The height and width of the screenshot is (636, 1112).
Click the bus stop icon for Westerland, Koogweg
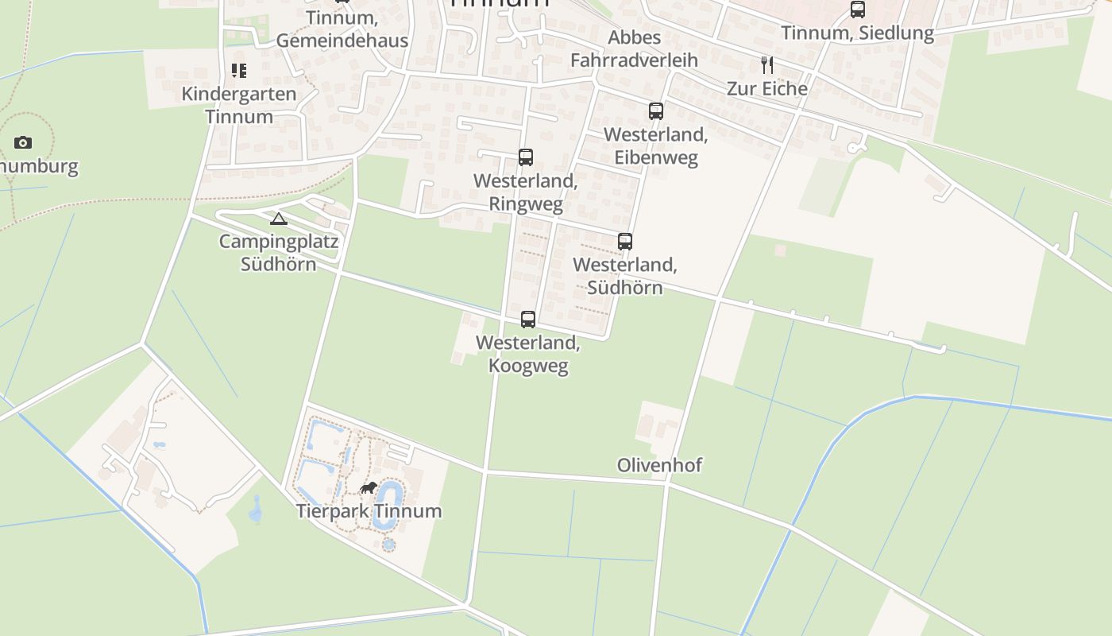coord(528,320)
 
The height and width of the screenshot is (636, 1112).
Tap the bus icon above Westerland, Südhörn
coord(625,242)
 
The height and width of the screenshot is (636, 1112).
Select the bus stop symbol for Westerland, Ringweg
coord(526,157)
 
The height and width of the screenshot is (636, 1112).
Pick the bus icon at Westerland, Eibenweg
coord(656,111)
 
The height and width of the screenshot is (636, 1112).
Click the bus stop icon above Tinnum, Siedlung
coord(858,10)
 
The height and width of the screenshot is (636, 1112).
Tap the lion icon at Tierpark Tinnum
coord(368,487)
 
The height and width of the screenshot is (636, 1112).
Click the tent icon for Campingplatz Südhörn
coord(278,219)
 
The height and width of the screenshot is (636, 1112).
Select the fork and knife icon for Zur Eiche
coord(767,65)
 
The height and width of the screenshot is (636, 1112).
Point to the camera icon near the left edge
coord(23,143)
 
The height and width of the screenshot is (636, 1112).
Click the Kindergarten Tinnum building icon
coord(239,71)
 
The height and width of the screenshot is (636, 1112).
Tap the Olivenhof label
coord(659,465)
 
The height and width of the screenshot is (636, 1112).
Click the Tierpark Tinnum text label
coord(369,510)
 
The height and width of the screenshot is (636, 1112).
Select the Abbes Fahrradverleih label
coord(634,48)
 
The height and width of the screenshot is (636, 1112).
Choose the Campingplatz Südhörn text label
coord(279,253)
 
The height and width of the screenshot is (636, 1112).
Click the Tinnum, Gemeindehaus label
coord(342,29)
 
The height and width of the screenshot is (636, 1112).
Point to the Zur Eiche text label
coord(767,88)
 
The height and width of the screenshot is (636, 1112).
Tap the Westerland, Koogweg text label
coord(528,355)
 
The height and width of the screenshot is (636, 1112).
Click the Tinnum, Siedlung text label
coord(858,33)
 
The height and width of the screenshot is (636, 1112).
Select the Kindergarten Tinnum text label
coord(239,105)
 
